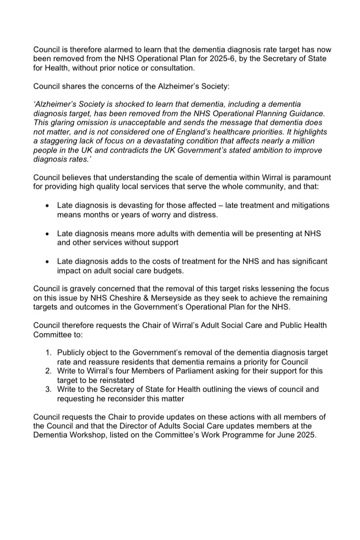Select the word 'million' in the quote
(305, 141)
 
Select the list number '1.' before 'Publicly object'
(49, 353)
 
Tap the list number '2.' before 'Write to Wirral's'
(49, 371)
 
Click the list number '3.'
(49, 389)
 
